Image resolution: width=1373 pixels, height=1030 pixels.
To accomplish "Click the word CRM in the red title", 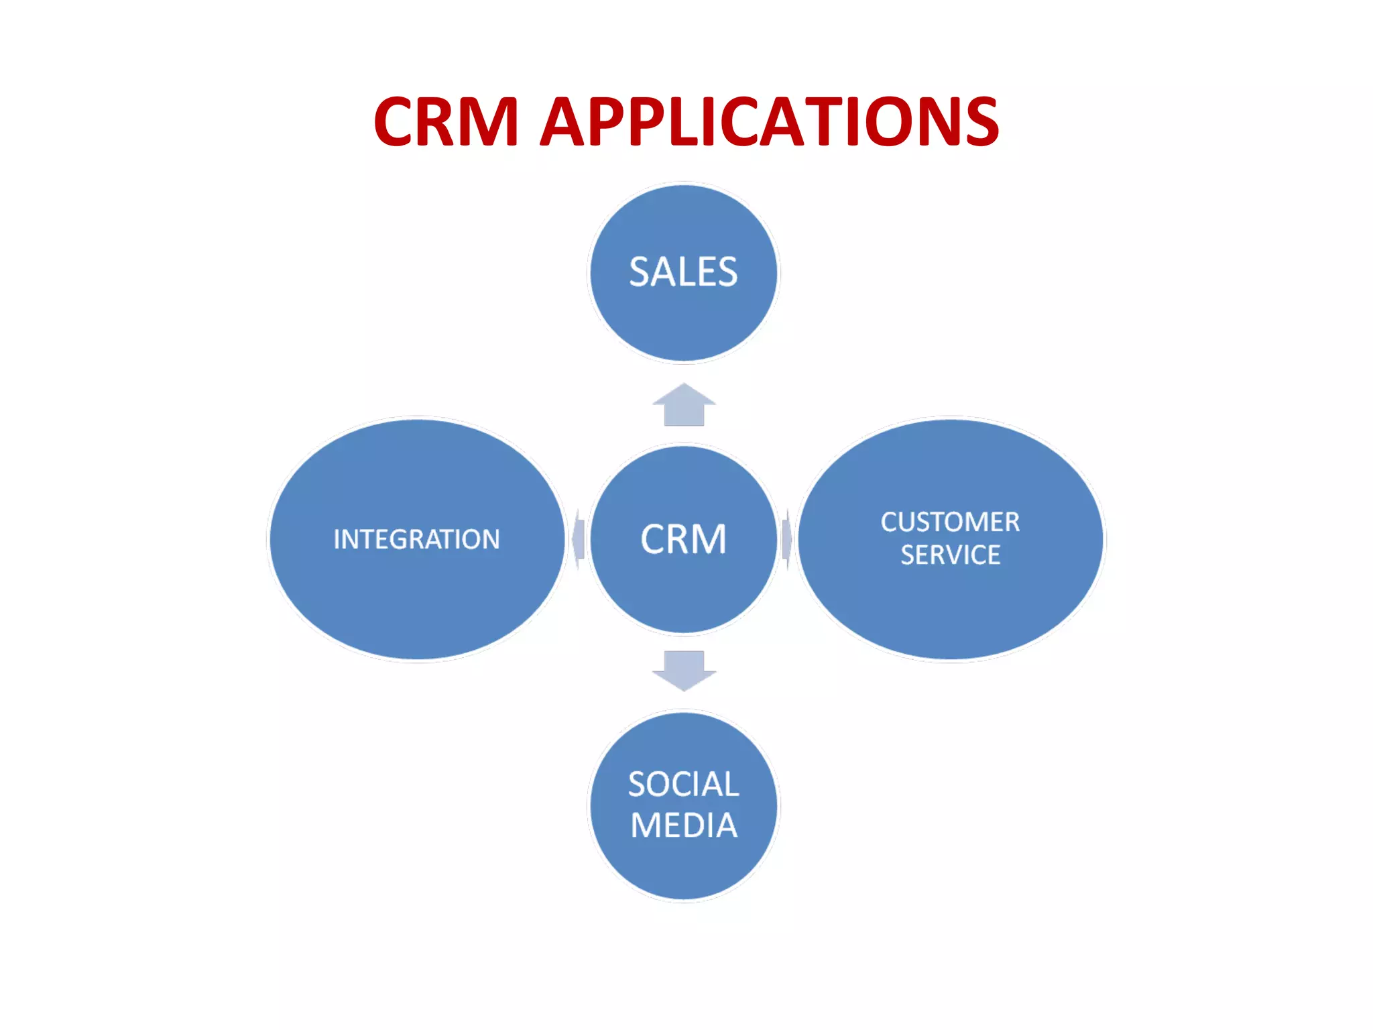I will [x=446, y=122].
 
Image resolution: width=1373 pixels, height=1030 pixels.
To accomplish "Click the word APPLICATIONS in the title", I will [x=770, y=122].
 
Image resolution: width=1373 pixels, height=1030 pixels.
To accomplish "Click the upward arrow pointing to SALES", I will [x=684, y=405].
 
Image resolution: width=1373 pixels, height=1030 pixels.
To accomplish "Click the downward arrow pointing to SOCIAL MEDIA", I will [x=684, y=670].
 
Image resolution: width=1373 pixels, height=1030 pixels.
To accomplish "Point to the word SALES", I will [x=683, y=272].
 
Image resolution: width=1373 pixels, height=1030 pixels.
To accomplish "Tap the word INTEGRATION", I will [x=416, y=539].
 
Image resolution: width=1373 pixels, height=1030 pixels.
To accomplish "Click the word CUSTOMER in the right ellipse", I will [x=950, y=522].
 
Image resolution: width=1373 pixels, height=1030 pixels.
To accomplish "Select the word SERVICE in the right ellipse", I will [x=950, y=555].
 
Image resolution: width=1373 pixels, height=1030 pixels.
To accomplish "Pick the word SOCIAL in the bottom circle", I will [x=683, y=784].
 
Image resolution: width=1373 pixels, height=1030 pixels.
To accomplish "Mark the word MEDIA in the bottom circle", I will [x=684, y=825].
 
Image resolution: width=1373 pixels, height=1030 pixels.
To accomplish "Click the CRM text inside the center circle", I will [x=683, y=539].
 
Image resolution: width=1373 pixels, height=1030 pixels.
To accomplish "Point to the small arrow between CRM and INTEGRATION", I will [x=579, y=539].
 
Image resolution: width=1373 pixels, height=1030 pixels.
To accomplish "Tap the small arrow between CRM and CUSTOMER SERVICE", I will [x=787, y=539].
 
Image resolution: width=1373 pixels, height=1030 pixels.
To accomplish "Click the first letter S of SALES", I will [x=640, y=272].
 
